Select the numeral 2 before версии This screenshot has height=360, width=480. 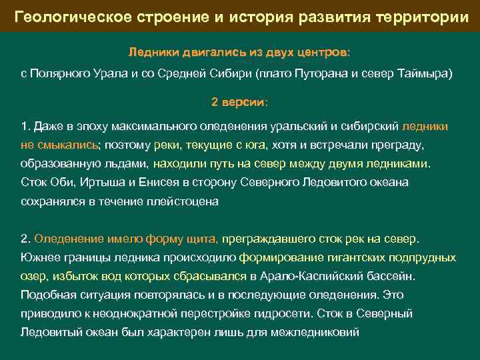[215, 103]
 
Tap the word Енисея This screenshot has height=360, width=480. [154, 182]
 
